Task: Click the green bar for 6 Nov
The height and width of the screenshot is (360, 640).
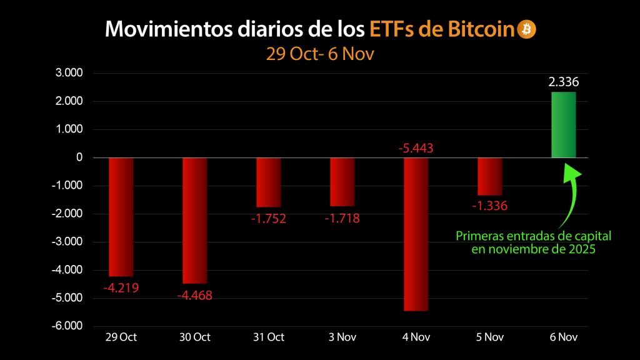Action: [x=563, y=125]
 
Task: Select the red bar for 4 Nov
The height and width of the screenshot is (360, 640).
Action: [x=416, y=234]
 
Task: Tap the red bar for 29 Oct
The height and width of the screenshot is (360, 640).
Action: [x=121, y=217]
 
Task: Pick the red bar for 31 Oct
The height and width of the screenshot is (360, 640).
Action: [x=268, y=182]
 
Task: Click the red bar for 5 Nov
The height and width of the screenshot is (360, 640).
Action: [x=489, y=176]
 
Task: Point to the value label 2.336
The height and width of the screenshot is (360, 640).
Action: [x=563, y=82]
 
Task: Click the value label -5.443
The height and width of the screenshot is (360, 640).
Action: [x=416, y=149]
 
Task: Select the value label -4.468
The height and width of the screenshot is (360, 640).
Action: [x=194, y=296]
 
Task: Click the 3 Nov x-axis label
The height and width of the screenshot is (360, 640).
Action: [x=342, y=337]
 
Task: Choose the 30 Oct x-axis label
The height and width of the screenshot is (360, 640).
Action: [x=194, y=337]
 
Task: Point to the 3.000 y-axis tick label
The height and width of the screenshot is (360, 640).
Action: [x=69, y=73]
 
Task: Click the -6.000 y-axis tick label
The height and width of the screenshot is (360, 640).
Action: [x=67, y=326]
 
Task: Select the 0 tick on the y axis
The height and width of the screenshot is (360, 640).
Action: [x=79, y=157]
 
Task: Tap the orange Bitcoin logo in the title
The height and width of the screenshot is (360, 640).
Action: [x=526, y=29]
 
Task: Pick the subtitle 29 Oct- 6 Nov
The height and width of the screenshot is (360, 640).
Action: [x=319, y=54]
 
